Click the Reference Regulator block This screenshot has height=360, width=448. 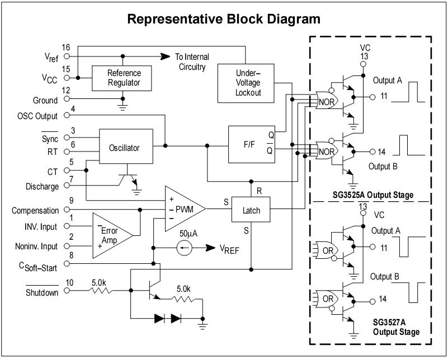tap(124, 78)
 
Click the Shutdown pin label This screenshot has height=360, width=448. tap(42, 292)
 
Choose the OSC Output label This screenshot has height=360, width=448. tap(37, 117)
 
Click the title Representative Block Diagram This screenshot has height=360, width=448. tap(224, 20)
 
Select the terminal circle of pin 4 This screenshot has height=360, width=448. tap(67, 116)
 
